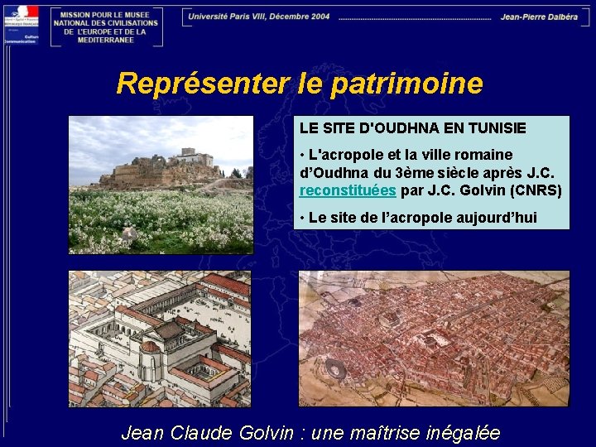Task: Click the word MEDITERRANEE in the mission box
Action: click(105, 40)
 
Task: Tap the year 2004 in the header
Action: click(316, 17)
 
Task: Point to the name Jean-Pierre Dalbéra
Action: click(539, 17)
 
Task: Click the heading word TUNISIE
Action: click(496, 128)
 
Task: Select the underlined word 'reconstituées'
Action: click(348, 191)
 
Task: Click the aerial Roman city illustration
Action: click(434, 338)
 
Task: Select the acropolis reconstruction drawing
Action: click(160, 338)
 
